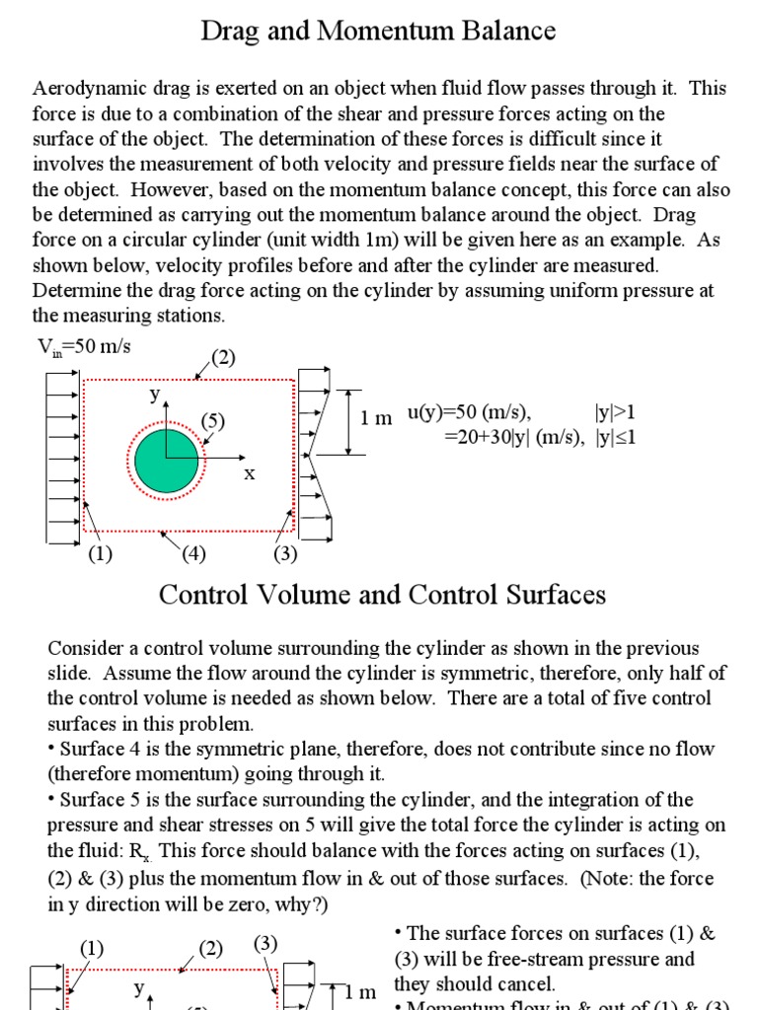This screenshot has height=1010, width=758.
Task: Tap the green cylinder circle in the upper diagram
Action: tap(166, 460)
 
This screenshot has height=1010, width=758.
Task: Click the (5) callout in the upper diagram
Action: tap(213, 421)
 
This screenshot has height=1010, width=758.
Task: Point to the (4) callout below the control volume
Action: tap(192, 553)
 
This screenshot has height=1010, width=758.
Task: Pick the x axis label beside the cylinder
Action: tap(250, 474)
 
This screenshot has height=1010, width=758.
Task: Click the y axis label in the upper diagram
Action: tap(154, 394)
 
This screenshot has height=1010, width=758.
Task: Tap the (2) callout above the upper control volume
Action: tap(223, 357)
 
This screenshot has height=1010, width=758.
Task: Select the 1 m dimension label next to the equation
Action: tap(376, 418)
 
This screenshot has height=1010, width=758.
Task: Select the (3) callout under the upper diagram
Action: tap(285, 553)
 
